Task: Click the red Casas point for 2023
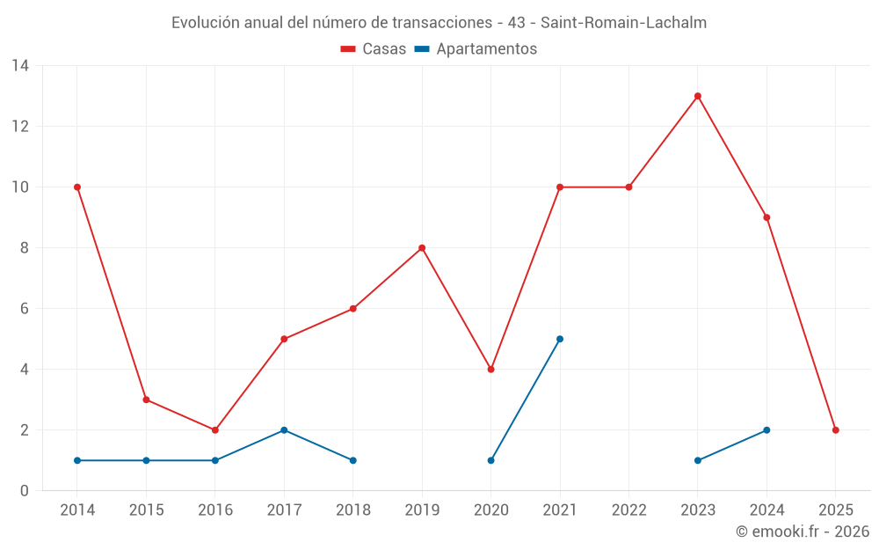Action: [698, 96]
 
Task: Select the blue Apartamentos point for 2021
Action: [560, 339]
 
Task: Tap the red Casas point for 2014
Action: [77, 187]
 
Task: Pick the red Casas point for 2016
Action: [215, 430]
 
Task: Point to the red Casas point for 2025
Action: [836, 430]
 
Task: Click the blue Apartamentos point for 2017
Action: [284, 430]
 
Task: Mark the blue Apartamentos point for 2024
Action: [766, 430]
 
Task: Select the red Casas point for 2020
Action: [490, 370]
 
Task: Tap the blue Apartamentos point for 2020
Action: [490, 460]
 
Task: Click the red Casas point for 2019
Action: [422, 248]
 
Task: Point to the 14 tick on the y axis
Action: [20, 66]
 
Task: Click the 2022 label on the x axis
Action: [628, 510]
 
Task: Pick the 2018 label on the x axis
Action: [352, 510]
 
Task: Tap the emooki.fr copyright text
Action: [802, 532]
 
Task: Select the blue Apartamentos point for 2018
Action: [352, 460]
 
